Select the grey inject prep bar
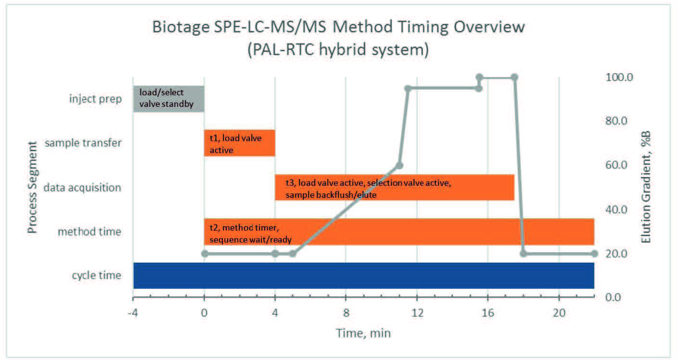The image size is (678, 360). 168,99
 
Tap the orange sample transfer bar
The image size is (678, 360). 239,143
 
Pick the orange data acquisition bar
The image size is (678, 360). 395,187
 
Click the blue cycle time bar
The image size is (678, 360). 363,276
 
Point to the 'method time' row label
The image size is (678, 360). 90,232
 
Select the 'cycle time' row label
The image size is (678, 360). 96,276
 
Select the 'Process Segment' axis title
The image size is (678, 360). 32,187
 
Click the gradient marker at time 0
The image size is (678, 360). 205,253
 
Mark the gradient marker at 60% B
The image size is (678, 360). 399,166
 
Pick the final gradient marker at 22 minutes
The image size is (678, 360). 594,254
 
